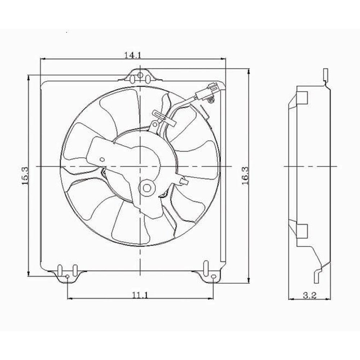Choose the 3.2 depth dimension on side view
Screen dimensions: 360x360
click(309, 296)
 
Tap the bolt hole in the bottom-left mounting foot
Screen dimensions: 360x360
click(67, 276)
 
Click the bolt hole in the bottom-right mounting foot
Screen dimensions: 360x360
click(213, 277)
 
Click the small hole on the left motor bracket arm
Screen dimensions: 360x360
click(102, 159)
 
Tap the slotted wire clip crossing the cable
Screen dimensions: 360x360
click(164, 118)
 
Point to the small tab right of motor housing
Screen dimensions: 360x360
click(184, 182)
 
